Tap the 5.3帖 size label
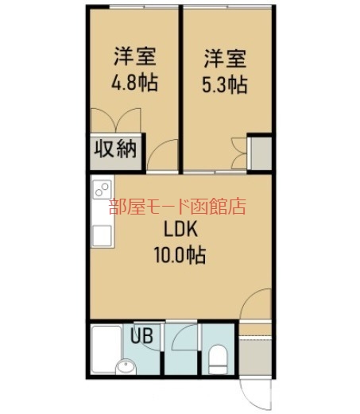225,84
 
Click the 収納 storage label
116,149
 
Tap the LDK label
180,230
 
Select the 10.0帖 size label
180,256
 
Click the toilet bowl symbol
215,364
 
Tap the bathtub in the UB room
105,343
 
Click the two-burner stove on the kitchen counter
101,191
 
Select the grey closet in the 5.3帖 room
259,152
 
